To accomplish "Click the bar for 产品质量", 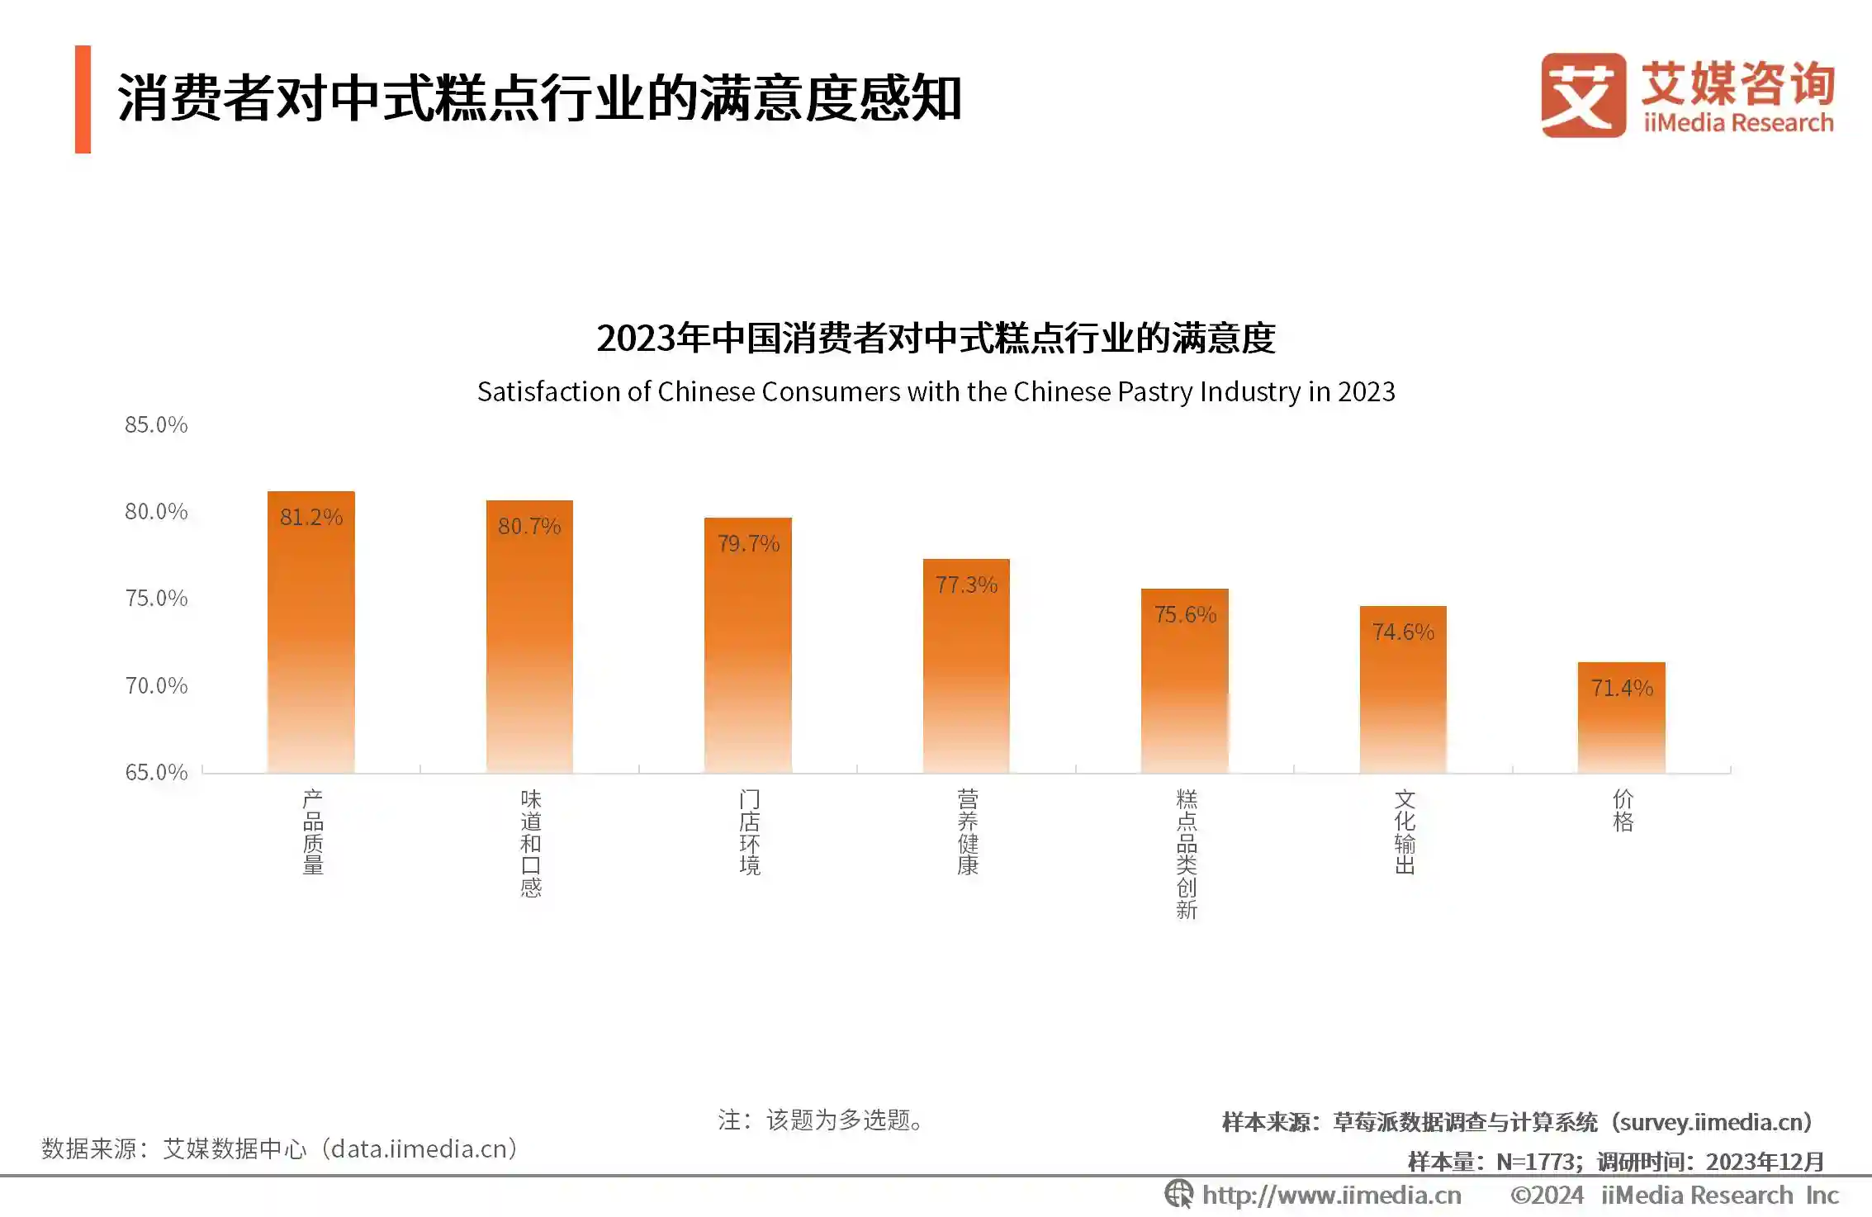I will coord(310,632).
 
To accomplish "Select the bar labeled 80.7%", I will coord(529,637).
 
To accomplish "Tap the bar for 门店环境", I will coord(747,645).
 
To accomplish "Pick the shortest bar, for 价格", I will coord(1621,717).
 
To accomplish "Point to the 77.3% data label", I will coord(966,585).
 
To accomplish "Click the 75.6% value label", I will coord(1185,615).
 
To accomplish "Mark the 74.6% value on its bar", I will coord(1403,632).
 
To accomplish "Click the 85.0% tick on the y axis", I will coord(156,425).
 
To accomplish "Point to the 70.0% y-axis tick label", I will coord(156,686).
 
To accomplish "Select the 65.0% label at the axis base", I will coord(156,773).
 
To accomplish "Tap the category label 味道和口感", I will coord(530,843).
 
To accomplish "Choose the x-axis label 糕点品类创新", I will coord(1186,854).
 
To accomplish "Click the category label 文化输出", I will coord(1404,831).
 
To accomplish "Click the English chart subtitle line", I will coord(936,392).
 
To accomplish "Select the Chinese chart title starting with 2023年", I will coord(936,339).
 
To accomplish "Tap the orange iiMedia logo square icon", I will coord(1582,96).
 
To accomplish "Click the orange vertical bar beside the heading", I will coord(83,99).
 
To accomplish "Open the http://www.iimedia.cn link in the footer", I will coord(1330,1196).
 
